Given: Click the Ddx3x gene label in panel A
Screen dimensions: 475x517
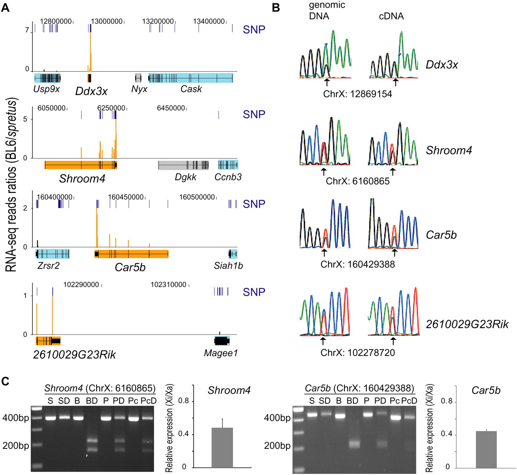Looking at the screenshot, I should click(x=91, y=91).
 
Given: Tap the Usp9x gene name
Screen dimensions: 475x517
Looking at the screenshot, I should click(x=47, y=89).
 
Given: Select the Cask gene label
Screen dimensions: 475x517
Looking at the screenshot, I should click(x=191, y=89).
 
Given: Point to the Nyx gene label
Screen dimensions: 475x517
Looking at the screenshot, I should click(x=139, y=89).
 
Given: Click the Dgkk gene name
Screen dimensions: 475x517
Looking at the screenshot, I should click(x=186, y=177).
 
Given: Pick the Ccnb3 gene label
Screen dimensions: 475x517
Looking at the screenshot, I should click(x=228, y=177).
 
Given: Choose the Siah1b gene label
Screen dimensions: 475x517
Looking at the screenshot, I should click(x=229, y=266).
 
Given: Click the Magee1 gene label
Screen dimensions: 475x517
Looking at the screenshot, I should click(x=221, y=353).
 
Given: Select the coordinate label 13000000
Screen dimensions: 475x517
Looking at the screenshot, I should click(x=107, y=21).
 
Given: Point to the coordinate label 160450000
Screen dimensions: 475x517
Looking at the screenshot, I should click(x=126, y=197).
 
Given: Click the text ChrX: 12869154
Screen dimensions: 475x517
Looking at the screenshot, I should click(x=357, y=94).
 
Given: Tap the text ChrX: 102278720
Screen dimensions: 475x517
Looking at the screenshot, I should click(x=357, y=353).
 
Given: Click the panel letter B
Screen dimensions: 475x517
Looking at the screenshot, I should click(x=276, y=8).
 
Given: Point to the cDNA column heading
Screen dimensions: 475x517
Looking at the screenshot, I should click(x=391, y=16).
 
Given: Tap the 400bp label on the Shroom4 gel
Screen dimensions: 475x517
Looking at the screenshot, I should click(x=16, y=418).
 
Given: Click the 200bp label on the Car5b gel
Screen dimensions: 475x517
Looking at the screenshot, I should click(x=277, y=445).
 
